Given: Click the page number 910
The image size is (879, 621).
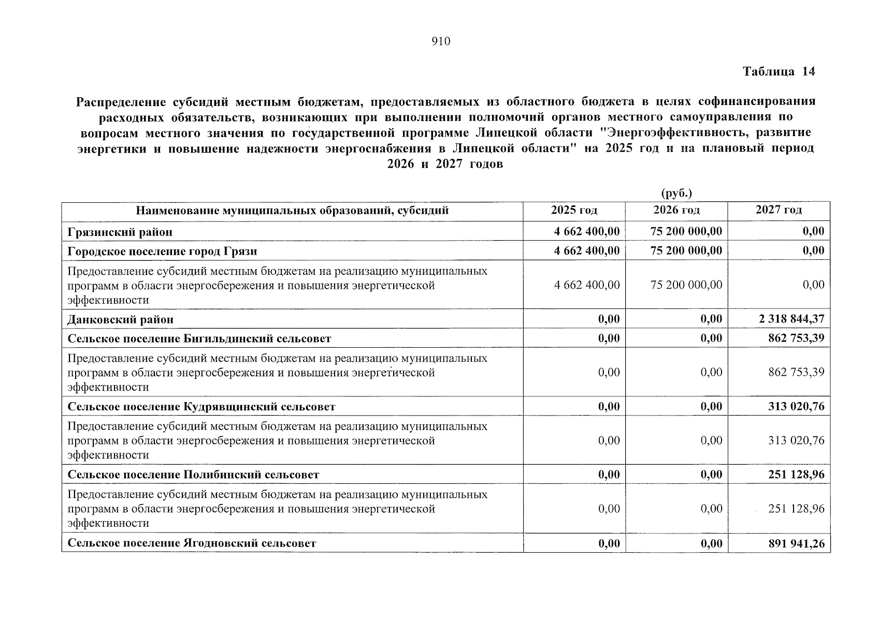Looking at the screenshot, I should (441, 42).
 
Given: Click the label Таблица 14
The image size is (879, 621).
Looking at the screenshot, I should (779, 71).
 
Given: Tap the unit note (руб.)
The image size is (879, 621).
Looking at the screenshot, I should (676, 194).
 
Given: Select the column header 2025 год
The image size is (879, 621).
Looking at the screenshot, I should (574, 210).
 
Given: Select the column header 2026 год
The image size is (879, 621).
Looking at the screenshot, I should (676, 210).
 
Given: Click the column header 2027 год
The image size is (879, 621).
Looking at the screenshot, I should (779, 210).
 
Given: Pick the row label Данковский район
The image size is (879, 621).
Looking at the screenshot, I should (121, 319).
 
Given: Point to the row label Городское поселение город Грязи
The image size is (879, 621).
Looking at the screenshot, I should (162, 251).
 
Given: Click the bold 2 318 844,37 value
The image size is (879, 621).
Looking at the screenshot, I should (791, 319).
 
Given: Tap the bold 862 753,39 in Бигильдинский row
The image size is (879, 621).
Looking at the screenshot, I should (796, 338).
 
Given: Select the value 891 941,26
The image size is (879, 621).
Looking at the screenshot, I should (796, 543).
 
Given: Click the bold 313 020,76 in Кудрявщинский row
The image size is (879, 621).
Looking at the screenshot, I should (796, 406).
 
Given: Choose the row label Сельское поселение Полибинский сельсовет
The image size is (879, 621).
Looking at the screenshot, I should (193, 475).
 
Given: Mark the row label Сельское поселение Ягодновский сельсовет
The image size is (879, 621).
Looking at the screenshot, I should (192, 543).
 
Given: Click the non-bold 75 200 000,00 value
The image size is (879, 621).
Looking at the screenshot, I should (686, 285).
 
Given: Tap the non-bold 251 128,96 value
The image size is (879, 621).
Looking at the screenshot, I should (796, 509).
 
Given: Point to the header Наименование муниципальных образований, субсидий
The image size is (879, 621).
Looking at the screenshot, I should (292, 211).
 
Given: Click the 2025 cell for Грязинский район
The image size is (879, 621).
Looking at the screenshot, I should (586, 231).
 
